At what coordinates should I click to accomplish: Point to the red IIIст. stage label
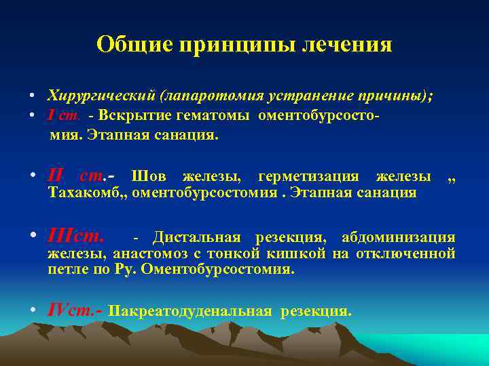pyautogui.click(x=76, y=237)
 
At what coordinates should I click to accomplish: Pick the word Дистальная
pyautogui.click(x=196, y=238)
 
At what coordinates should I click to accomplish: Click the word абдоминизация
pyautogui.click(x=398, y=238)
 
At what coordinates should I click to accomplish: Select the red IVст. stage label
pyautogui.click(x=74, y=311)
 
